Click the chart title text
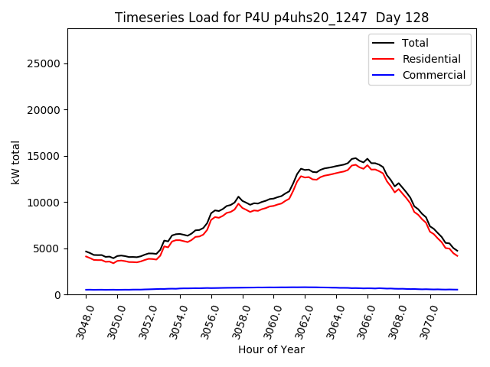pyautogui.click(x=272, y=18)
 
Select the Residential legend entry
pyautogui.click(x=431, y=59)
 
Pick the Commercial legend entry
pyautogui.click(x=433, y=75)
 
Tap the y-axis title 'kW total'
pyautogui.click(x=16, y=161)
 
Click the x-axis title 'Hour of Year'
pyautogui.click(x=271, y=349)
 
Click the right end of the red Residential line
pyautogui.click(x=457, y=255)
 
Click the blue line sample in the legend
pyautogui.click(x=385, y=75)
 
